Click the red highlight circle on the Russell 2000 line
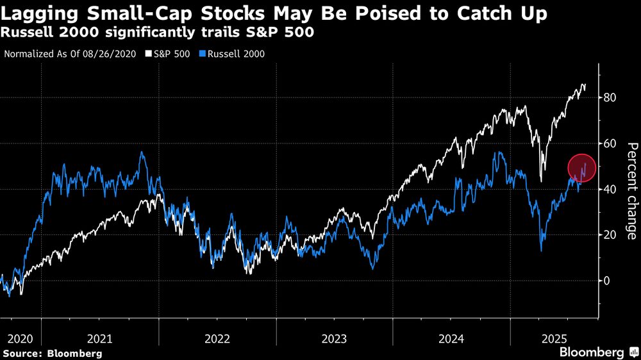pos(582,168)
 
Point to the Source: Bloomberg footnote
pos(53,353)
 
